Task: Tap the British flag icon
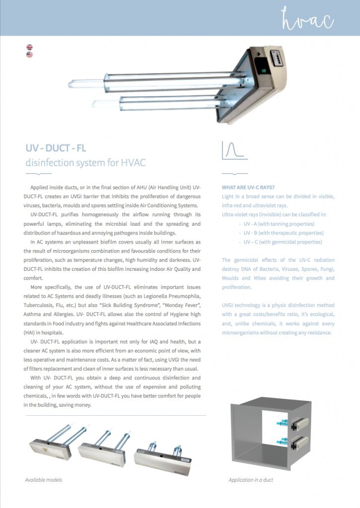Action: (x=30, y=48)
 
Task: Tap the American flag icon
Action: (x=30, y=55)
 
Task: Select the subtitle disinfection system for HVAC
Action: (x=85, y=162)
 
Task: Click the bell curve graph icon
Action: (x=234, y=150)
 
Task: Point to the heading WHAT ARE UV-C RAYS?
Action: (x=248, y=188)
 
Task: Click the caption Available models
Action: (x=44, y=480)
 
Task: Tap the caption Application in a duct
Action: (x=251, y=480)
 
